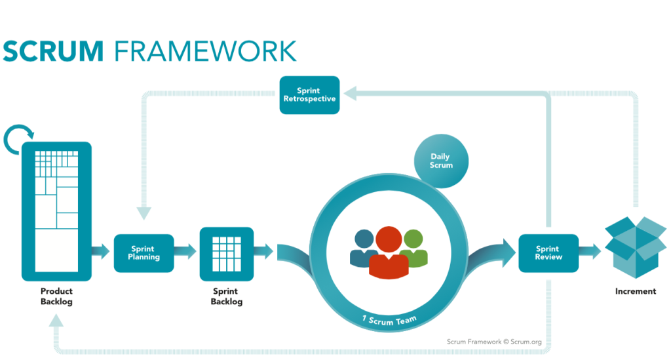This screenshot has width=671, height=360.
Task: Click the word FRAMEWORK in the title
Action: click(x=205, y=51)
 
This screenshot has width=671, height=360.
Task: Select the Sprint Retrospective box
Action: click(x=309, y=95)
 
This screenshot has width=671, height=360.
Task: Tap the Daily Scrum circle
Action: click(x=441, y=161)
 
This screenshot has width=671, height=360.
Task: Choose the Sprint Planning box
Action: click(x=144, y=253)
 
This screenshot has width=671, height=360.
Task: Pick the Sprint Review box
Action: click(x=548, y=253)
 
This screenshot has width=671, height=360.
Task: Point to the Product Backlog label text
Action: click(x=56, y=296)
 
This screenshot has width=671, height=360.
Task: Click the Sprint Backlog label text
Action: click(x=227, y=296)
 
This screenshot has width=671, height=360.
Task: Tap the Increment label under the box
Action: click(x=635, y=291)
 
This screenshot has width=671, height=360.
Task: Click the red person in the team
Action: click(x=389, y=252)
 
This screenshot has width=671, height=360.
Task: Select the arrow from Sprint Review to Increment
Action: click(x=590, y=251)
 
